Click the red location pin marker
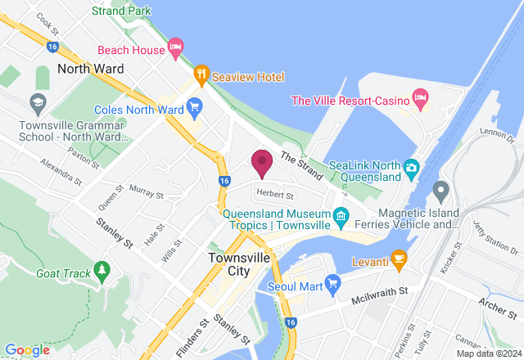click(x=262, y=162)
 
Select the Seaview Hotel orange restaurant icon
click(x=201, y=76)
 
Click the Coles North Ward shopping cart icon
click(x=194, y=108)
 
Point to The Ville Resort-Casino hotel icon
click(x=420, y=100)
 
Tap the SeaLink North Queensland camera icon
click(x=412, y=170)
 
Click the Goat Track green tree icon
click(x=102, y=270)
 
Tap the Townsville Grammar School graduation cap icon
click(x=37, y=103)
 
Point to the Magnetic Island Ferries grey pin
click(x=440, y=191)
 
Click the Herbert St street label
click(x=274, y=195)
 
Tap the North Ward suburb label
click(x=90, y=69)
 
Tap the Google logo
click(x=28, y=350)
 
